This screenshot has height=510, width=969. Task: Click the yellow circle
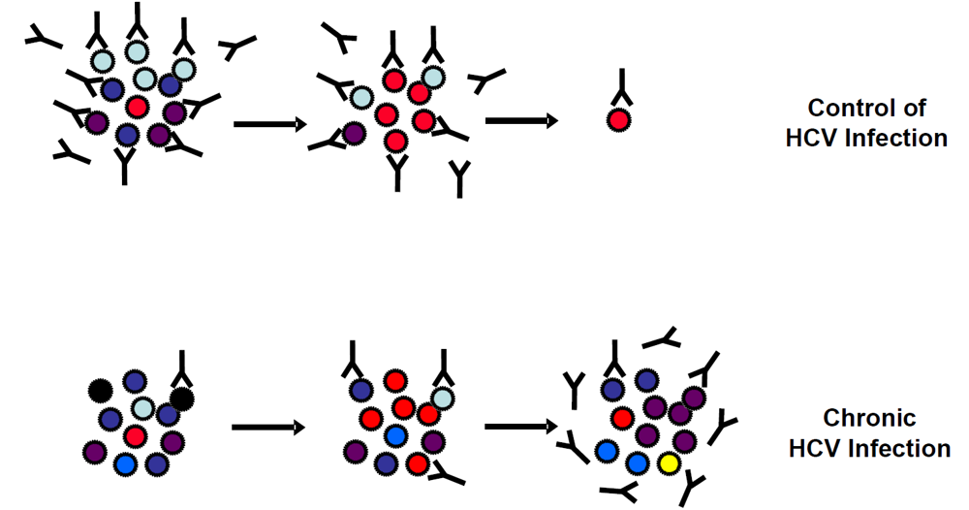(x=667, y=463)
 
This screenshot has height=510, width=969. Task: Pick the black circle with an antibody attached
(x=181, y=398)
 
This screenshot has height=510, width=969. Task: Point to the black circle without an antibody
(x=99, y=391)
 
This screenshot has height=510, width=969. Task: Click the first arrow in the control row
(x=268, y=124)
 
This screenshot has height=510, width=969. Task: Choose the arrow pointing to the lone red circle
(x=520, y=121)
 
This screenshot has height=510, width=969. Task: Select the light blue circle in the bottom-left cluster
(x=143, y=408)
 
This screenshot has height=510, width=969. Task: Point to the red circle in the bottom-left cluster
(x=135, y=436)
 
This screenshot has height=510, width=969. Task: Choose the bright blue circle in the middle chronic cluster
(x=394, y=436)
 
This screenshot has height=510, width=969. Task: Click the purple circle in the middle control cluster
(x=354, y=133)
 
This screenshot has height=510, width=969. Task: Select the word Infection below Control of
(x=893, y=138)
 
